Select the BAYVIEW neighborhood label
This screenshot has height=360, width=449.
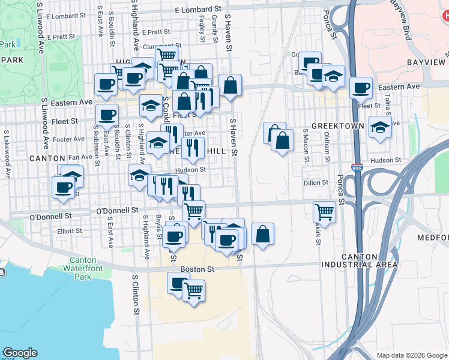tap(427, 62)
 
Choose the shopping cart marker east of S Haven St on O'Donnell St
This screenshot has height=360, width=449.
tap(324, 211)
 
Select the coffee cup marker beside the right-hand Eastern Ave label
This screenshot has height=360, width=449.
tap(361, 88)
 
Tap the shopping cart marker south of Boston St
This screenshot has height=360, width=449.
tap(193, 290)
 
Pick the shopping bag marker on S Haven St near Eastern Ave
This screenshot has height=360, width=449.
tap(230, 85)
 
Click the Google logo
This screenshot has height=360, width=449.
tap(20, 353)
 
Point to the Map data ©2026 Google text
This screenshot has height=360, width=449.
tap(411, 355)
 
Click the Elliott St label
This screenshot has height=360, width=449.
tap(70, 230)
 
